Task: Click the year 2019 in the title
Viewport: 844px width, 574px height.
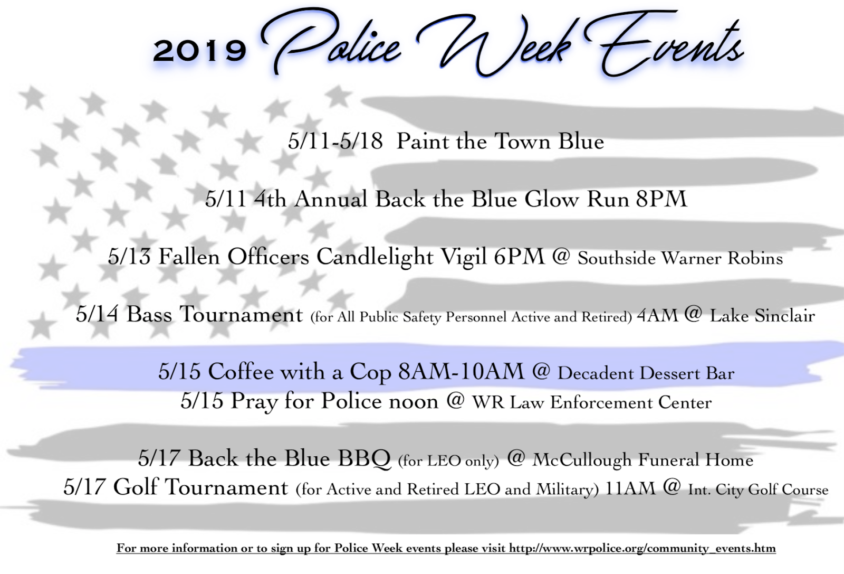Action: [199, 51]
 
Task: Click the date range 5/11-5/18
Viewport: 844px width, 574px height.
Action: [335, 142]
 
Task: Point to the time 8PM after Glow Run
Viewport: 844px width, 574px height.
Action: [661, 199]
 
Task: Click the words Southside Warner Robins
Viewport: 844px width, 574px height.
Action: [680, 258]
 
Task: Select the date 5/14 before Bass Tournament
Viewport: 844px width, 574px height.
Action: [97, 315]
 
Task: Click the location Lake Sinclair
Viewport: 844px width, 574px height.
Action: [762, 316]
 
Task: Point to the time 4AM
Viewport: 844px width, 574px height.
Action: [657, 316]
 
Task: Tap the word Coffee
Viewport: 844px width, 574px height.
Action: [241, 372]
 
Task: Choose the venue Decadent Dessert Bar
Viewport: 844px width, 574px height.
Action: [646, 373]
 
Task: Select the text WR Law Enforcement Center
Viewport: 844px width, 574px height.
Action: [592, 403]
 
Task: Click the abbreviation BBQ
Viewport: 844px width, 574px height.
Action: [365, 458]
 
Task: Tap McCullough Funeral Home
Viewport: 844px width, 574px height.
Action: [642, 460]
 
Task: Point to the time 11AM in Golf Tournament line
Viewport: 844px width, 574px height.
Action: [630, 488]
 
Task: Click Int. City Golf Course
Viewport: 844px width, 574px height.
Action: [758, 490]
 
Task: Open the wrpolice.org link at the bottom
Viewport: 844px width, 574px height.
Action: [642, 548]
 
